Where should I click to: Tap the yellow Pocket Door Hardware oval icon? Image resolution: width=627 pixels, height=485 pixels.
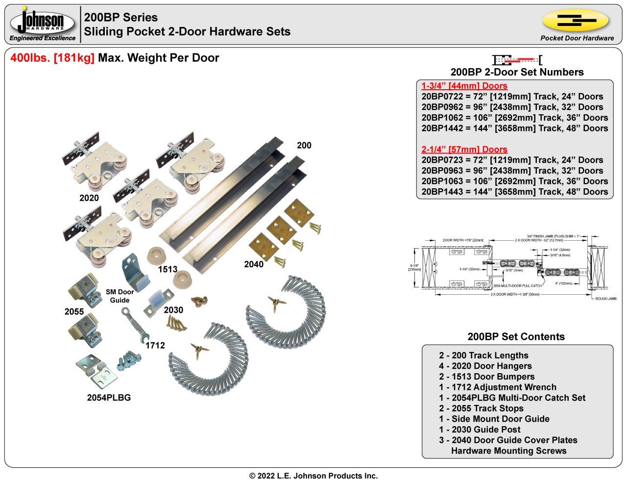point(576,21)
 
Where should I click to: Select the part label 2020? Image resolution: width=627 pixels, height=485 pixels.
point(89,198)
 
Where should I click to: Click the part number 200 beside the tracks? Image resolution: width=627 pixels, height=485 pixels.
point(304,145)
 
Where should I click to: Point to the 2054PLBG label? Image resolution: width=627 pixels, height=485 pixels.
point(109,398)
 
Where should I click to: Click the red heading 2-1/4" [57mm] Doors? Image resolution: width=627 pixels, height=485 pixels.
point(464,150)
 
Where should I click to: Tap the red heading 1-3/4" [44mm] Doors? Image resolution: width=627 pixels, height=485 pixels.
point(464,86)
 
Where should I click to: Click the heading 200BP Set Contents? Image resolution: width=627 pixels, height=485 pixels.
point(516,337)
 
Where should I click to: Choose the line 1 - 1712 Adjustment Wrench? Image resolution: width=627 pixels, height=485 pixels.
point(497,387)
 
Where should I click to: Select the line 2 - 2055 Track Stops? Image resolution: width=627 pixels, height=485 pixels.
point(481,408)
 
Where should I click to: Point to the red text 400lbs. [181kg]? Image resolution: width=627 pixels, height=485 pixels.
point(52,58)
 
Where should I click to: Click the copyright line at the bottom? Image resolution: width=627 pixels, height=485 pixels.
point(313,476)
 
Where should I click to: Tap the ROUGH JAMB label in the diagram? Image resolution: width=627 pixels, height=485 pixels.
point(605,298)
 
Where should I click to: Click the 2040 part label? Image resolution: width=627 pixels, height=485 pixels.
point(254,264)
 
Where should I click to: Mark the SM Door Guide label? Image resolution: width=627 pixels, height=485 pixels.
point(120,296)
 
